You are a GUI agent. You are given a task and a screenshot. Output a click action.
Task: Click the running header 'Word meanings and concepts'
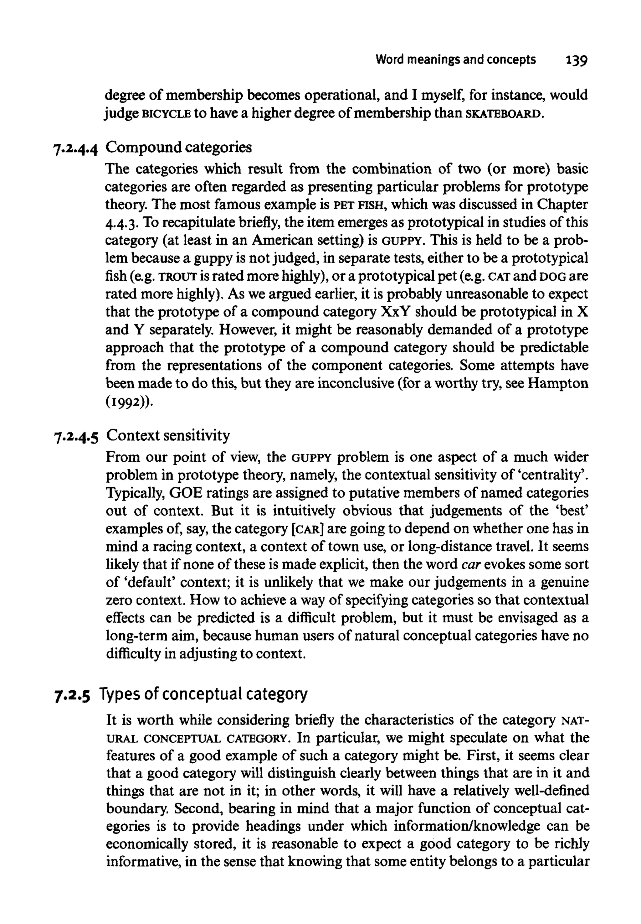click(x=455, y=60)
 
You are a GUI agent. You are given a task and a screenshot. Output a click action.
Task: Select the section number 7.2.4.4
click(x=75, y=148)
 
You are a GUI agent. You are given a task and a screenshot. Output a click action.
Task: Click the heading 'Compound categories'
click(x=179, y=148)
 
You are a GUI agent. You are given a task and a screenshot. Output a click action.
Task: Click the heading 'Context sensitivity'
click(x=168, y=435)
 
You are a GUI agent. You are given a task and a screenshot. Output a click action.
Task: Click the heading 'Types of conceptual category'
click(x=203, y=694)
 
